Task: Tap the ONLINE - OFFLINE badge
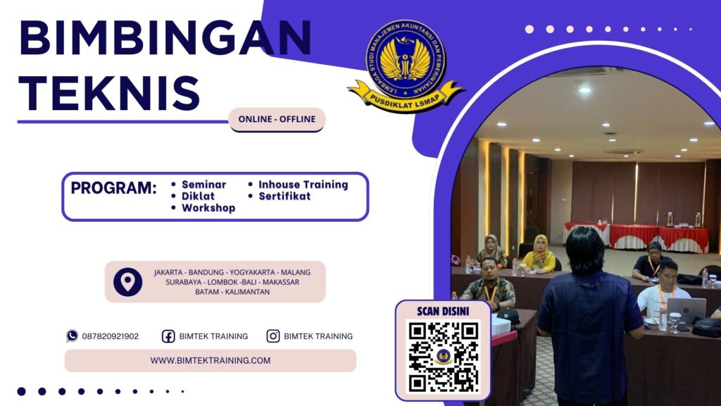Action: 277,119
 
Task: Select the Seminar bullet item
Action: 203,185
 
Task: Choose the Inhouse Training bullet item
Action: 303,185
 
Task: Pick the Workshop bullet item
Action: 208,208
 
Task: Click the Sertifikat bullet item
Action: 284,196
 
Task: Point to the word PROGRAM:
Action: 113,189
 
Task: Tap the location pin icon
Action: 127,282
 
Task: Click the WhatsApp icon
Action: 72,336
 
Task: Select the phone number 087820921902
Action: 111,336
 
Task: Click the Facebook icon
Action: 168,336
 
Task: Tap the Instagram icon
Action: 273,336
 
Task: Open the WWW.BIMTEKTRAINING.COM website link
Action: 210,360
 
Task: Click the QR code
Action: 443,357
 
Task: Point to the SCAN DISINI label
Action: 443,311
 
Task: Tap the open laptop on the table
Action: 686,309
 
